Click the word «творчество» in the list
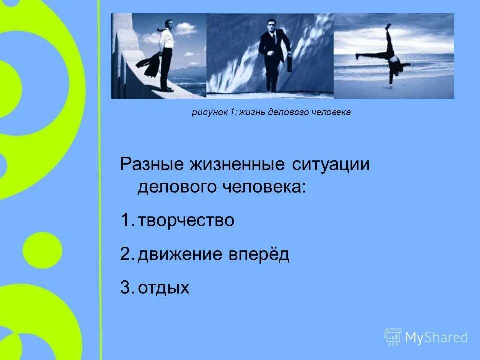tap(186, 220)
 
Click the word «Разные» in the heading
tap(151, 165)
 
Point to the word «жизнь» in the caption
tap(253, 112)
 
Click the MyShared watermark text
tap(436, 337)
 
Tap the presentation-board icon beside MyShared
tap(393, 337)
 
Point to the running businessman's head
tap(271, 25)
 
